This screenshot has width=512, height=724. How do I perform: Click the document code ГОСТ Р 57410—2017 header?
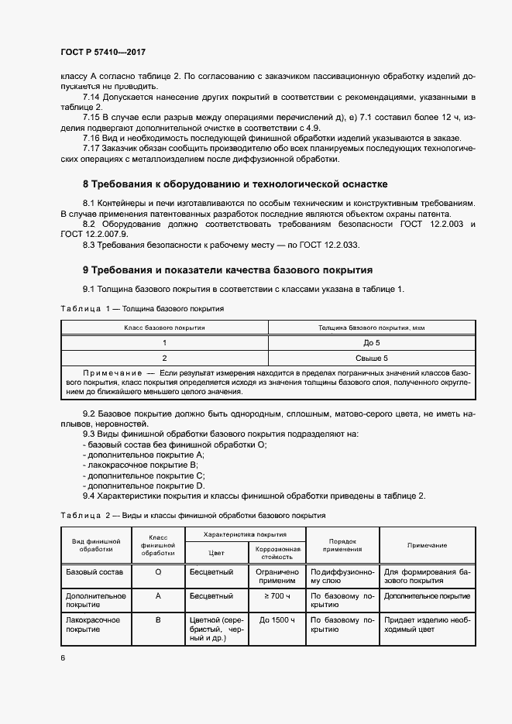(102, 53)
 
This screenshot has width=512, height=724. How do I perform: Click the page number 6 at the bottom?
(64, 657)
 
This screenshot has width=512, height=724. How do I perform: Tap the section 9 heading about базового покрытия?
(228, 270)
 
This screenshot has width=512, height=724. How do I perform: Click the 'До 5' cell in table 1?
(371, 341)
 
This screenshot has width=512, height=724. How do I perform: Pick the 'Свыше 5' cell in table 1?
(371, 358)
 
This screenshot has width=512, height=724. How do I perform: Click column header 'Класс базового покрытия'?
(164, 328)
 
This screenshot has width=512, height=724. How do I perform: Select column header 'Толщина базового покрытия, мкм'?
(371, 328)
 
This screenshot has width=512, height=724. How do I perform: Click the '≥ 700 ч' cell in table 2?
(277, 596)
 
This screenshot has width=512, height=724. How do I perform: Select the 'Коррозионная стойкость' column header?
(277, 552)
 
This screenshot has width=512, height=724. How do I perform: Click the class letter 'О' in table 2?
(158, 572)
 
